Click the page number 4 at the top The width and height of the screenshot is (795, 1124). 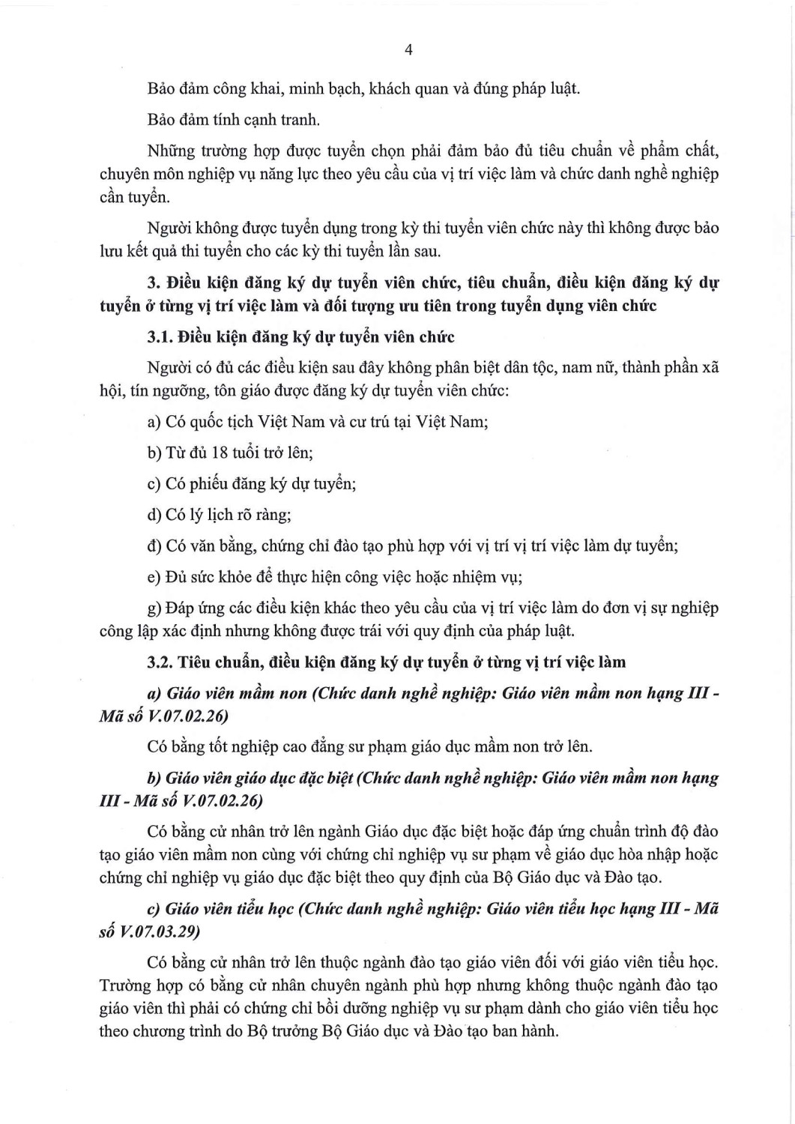point(408,50)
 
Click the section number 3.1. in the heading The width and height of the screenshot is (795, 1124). point(160,337)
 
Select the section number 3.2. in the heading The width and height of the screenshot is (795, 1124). point(160,662)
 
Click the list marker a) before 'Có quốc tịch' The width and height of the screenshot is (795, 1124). point(154,422)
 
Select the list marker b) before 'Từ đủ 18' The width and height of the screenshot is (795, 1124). point(154,453)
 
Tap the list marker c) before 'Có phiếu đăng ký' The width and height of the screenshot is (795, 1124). point(154,484)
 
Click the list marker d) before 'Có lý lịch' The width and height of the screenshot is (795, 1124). point(154,515)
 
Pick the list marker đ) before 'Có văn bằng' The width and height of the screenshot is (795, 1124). point(154,546)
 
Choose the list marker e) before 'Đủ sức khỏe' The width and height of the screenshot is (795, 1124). point(154,577)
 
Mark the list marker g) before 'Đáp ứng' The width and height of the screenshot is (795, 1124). point(154,608)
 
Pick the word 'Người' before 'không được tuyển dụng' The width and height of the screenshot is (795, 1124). point(169,228)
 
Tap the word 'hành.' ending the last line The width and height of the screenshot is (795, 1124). point(538,1031)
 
